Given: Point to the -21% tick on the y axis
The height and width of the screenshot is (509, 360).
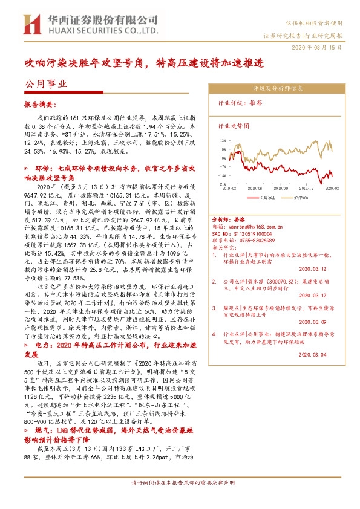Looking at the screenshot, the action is (222, 184).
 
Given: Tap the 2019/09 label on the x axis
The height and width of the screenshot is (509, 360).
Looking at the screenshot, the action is (280, 189).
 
